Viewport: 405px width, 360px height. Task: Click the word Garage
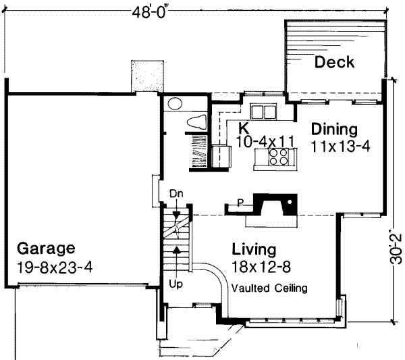coord(46,249)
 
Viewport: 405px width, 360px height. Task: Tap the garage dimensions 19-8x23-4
coord(55,267)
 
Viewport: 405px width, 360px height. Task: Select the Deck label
coord(335,62)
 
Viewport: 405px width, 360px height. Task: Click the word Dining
coord(335,129)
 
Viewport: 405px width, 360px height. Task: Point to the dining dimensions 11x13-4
coord(340,147)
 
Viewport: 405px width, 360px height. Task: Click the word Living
coord(254,249)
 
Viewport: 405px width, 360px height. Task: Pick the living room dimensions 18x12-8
coord(261,267)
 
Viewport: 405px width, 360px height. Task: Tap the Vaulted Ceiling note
coord(269,288)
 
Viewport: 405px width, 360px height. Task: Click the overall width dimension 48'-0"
coord(152,12)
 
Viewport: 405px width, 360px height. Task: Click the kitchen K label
coord(243,128)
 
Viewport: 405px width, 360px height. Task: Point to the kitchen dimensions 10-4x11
coord(265,142)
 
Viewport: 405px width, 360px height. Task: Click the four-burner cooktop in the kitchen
coord(278,157)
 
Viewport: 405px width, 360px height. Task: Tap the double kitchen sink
coord(263,111)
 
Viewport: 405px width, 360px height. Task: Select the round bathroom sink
coord(175,103)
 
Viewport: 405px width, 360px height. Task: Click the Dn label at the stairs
coord(176,194)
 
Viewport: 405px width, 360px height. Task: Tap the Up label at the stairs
coord(176,284)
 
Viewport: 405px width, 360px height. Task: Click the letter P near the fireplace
coord(240,203)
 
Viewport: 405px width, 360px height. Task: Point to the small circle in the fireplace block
coord(290,201)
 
